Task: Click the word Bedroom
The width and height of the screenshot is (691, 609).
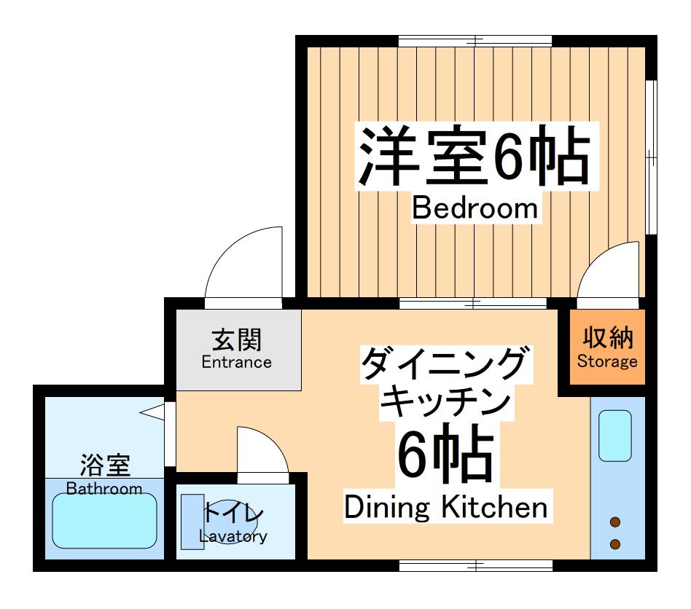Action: tap(475, 208)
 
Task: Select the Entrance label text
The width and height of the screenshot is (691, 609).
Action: tap(236, 362)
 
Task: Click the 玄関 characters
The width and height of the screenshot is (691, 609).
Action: tap(237, 339)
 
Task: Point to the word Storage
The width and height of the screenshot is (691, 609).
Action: tap(607, 361)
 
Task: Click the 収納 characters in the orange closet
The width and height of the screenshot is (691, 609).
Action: tap(607, 337)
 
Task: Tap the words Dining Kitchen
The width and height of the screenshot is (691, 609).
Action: tap(445, 507)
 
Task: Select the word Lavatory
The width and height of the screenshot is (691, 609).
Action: tap(233, 537)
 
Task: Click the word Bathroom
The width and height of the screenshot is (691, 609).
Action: tap(104, 488)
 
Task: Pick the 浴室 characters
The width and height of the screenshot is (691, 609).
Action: tap(104, 464)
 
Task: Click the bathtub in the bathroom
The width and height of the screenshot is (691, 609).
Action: tap(104, 521)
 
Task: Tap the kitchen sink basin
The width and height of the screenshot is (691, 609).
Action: tap(614, 435)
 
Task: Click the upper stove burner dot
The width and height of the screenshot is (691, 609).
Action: tap(615, 522)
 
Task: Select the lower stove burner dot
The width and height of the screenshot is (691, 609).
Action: tap(615, 544)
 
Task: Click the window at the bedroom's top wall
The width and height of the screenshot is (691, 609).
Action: tap(475, 40)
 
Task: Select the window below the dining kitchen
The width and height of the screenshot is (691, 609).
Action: tap(475, 565)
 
